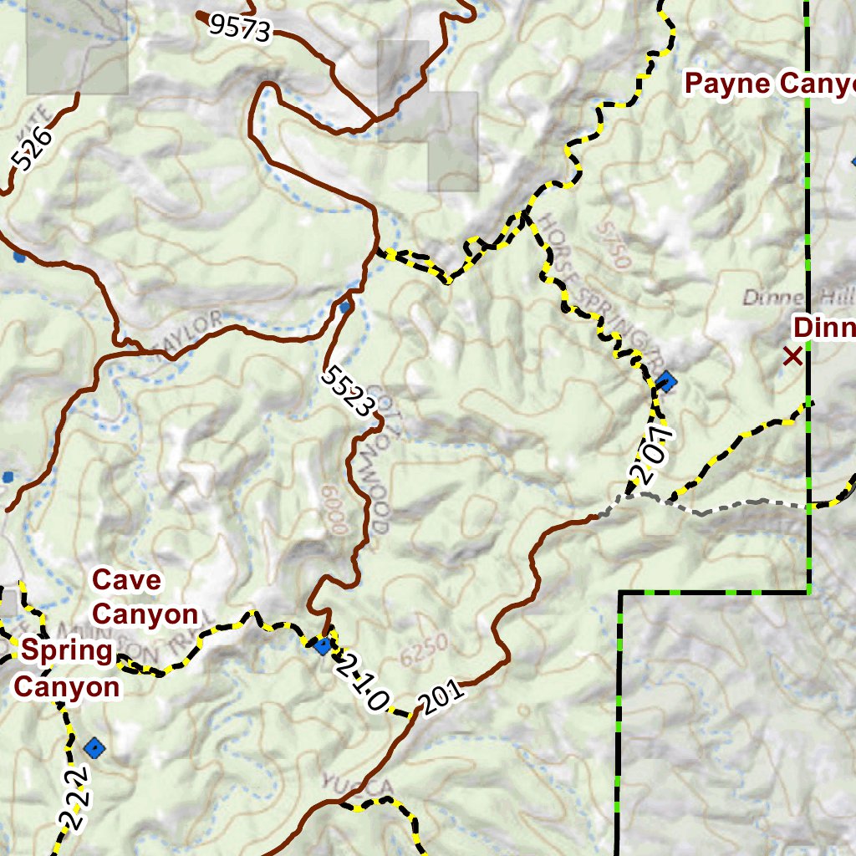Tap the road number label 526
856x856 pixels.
[33, 149]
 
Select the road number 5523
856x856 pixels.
[347, 390]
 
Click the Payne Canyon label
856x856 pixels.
[769, 84]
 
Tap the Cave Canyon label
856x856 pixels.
[144, 596]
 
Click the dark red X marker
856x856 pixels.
[792, 357]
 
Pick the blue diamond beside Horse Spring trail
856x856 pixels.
[666, 383]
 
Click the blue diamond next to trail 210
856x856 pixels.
[323, 645]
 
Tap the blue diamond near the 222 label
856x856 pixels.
[95, 747]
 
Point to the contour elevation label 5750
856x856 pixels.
[614, 243]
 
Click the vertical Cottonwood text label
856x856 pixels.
[376, 460]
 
